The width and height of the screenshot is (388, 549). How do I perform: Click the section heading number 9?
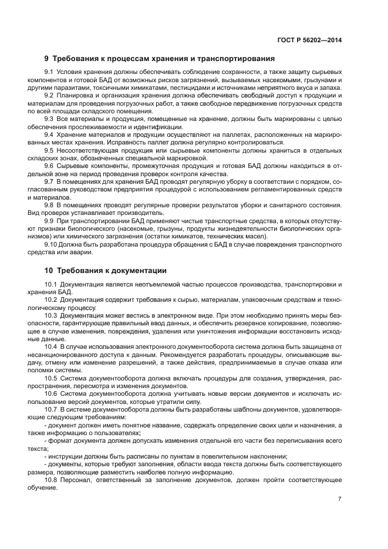click(x=47, y=59)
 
